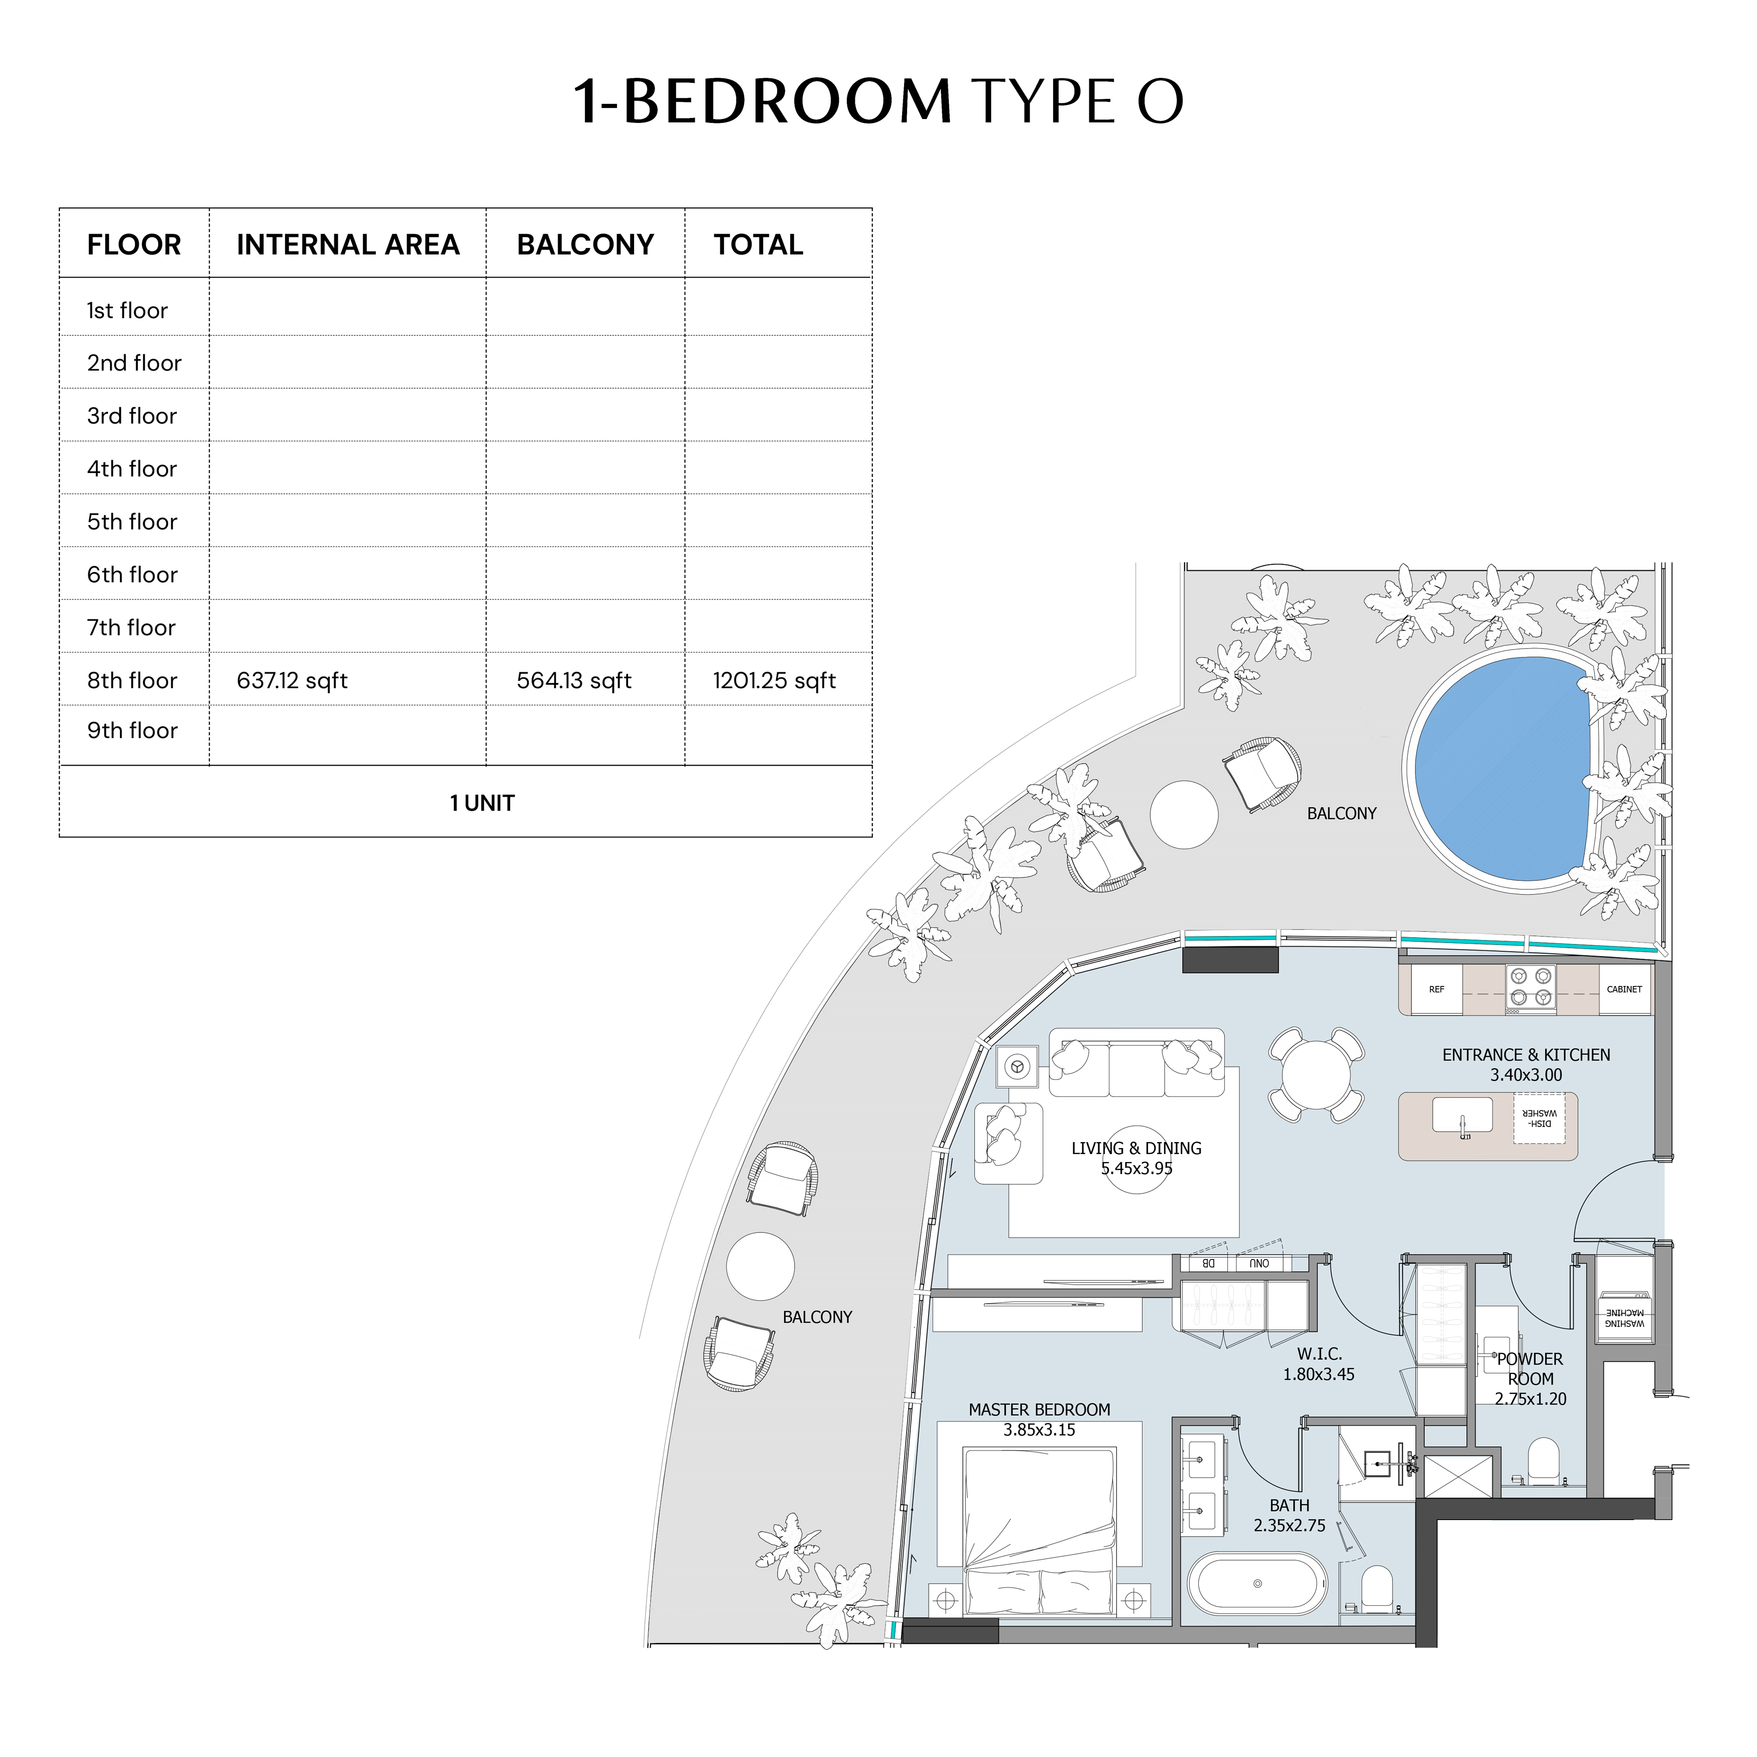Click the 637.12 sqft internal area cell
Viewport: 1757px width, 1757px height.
click(x=292, y=680)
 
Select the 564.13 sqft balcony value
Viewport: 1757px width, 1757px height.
click(x=574, y=680)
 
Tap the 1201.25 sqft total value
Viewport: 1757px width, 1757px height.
click(x=774, y=680)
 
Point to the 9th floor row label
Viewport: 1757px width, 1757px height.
click(x=132, y=730)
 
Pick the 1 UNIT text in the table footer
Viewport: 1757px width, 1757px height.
click(x=482, y=803)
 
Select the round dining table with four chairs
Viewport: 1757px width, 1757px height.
click(x=1315, y=1074)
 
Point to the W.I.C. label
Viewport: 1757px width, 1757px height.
click(x=1319, y=1354)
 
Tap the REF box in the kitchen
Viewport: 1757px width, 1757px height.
click(x=1436, y=989)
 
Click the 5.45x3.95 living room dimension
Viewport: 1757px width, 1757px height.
click(x=1137, y=1169)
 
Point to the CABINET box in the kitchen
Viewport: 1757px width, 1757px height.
click(x=1624, y=989)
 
